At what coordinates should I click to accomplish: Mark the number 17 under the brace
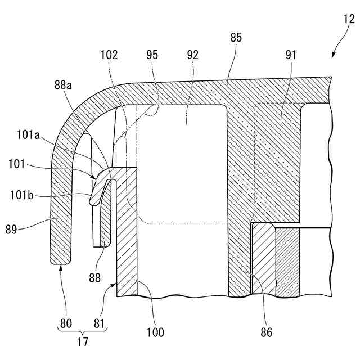click(82, 341)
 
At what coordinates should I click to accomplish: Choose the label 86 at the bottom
click(266, 332)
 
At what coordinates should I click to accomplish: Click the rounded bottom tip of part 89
click(61, 260)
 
